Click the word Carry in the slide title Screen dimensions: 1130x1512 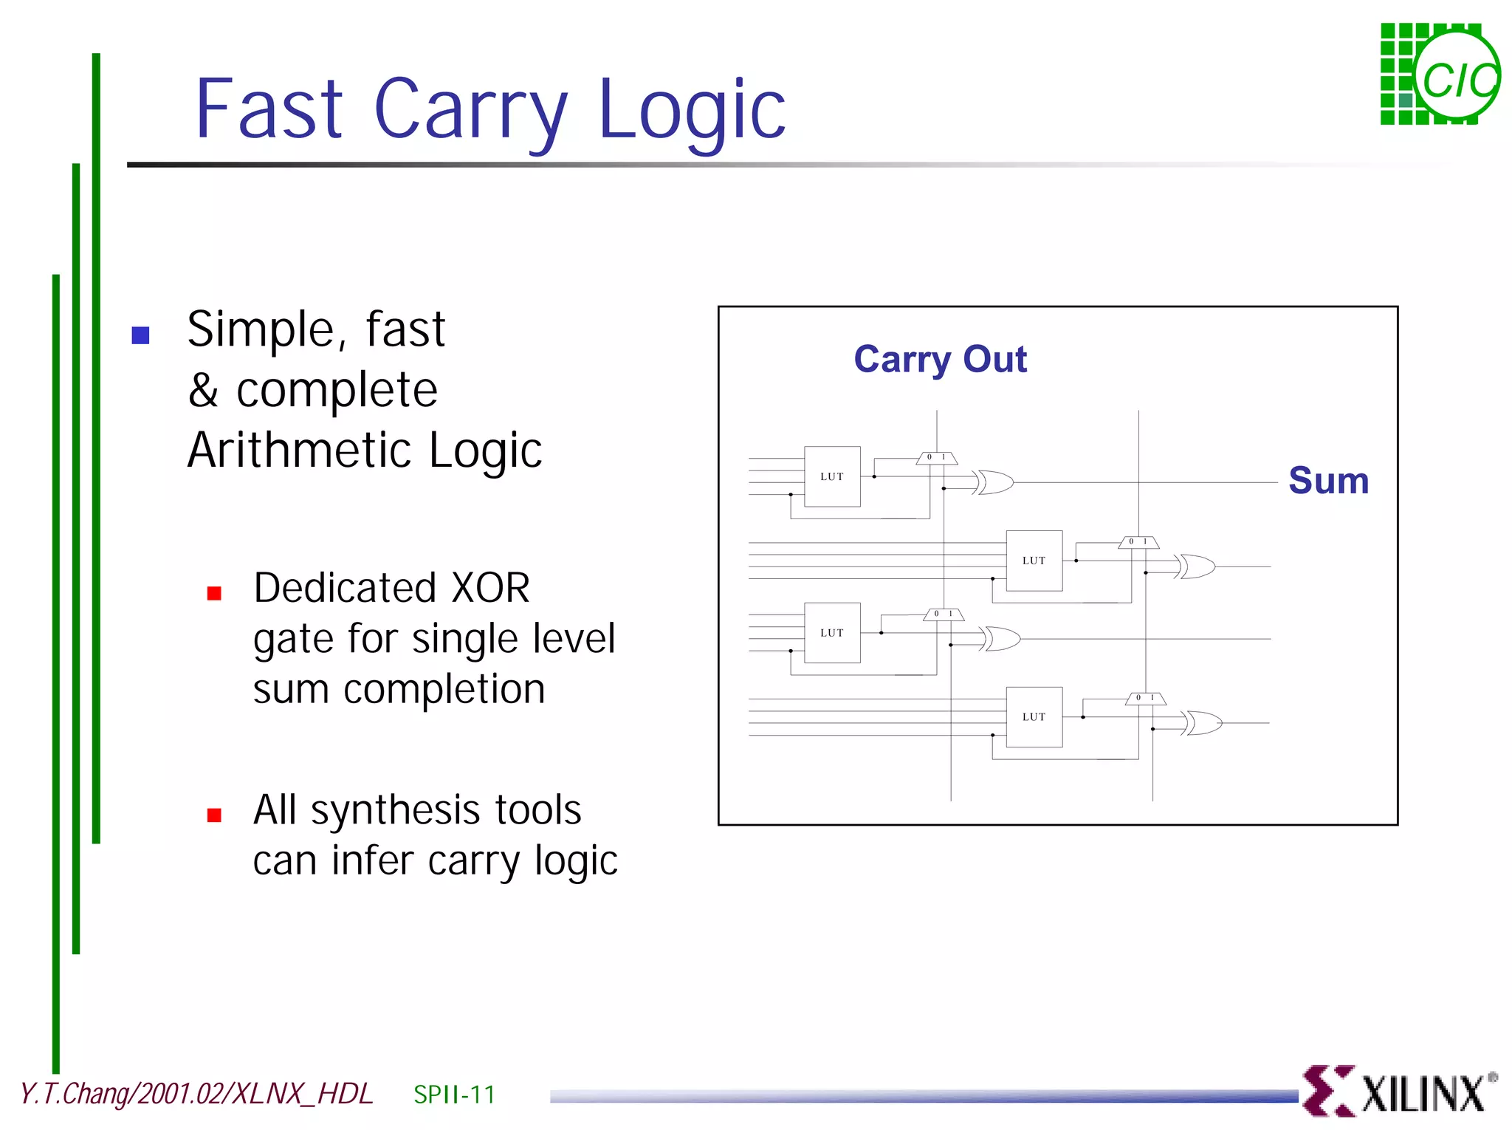point(470,111)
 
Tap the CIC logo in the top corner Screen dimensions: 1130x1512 point(1439,75)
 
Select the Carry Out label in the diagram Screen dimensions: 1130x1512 point(940,360)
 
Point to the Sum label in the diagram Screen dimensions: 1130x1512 point(1328,481)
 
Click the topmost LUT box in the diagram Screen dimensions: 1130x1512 point(832,476)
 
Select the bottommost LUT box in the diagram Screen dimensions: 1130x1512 point(1034,716)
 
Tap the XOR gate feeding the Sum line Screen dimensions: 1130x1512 point(994,482)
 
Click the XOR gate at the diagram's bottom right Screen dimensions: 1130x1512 point(1203,723)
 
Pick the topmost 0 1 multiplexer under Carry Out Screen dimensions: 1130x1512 point(936,458)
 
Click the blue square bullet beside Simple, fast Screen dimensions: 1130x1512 point(140,335)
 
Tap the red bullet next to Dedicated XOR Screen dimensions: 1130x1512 point(214,593)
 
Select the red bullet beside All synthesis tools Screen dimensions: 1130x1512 point(214,815)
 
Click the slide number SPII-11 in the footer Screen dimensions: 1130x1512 point(454,1094)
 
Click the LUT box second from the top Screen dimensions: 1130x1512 point(1034,561)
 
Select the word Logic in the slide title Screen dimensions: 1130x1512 point(692,111)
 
